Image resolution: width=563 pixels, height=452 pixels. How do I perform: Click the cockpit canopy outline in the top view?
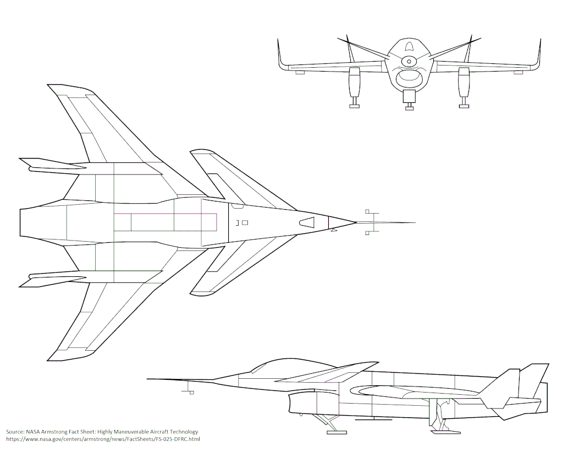click(307, 222)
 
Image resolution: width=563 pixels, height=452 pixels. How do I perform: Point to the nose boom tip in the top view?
click(414, 223)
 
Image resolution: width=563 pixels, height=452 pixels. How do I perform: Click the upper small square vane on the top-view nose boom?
click(367, 211)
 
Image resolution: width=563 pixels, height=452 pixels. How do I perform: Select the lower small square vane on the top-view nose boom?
click(367, 233)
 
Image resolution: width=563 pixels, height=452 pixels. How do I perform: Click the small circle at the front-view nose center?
click(409, 61)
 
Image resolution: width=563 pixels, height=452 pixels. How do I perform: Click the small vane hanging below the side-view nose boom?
click(191, 391)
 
